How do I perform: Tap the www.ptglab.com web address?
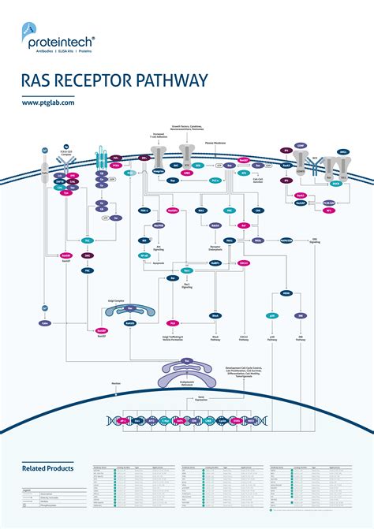tap(48, 102)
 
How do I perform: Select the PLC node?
tap(88, 239)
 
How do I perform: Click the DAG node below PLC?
tap(88, 255)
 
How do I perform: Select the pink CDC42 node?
tap(244, 263)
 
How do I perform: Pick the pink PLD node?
tap(173, 322)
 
